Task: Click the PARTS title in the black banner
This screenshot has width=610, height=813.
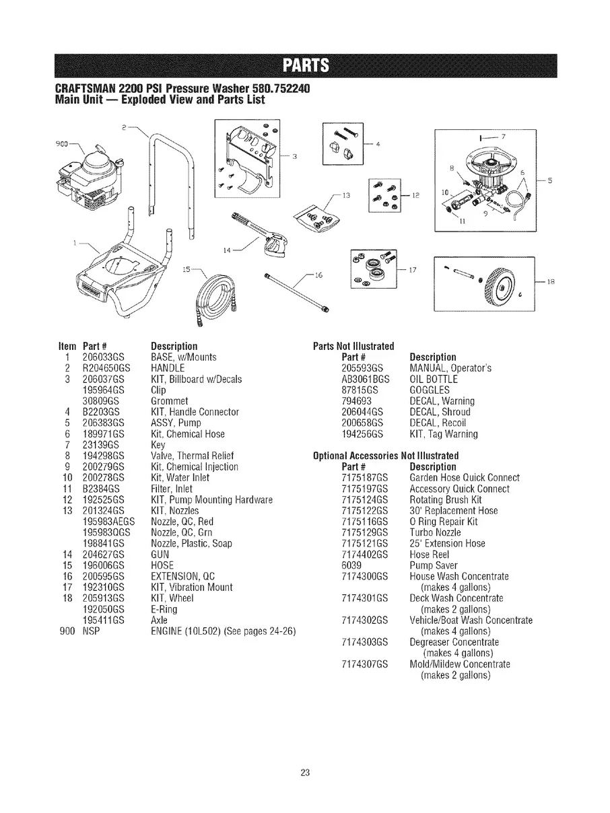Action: click(x=306, y=65)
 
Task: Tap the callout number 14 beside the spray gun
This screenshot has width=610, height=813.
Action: click(x=227, y=250)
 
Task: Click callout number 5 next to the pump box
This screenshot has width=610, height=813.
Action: click(x=550, y=180)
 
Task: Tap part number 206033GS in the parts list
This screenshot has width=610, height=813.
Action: click(x=103, y=357)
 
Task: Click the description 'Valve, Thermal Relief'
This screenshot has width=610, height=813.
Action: click(x=192, y=456)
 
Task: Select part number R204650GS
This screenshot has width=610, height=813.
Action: click(x=106, y=368)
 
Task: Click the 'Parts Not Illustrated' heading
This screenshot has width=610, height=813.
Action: click(x=353, y=347)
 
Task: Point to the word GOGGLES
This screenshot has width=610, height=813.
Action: click(x=430, y=390)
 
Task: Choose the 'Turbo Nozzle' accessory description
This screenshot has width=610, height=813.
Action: click(x=435, y=532)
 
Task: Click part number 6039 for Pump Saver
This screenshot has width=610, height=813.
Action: click(x=351, y=565)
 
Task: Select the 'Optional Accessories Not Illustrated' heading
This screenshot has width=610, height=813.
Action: click(x=386, y=456)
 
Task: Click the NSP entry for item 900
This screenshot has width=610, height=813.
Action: click(x=91, y=631)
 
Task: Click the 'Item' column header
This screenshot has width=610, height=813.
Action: click(x=67, y=347)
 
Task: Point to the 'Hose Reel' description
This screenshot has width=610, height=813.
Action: click(x=430, y=555)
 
